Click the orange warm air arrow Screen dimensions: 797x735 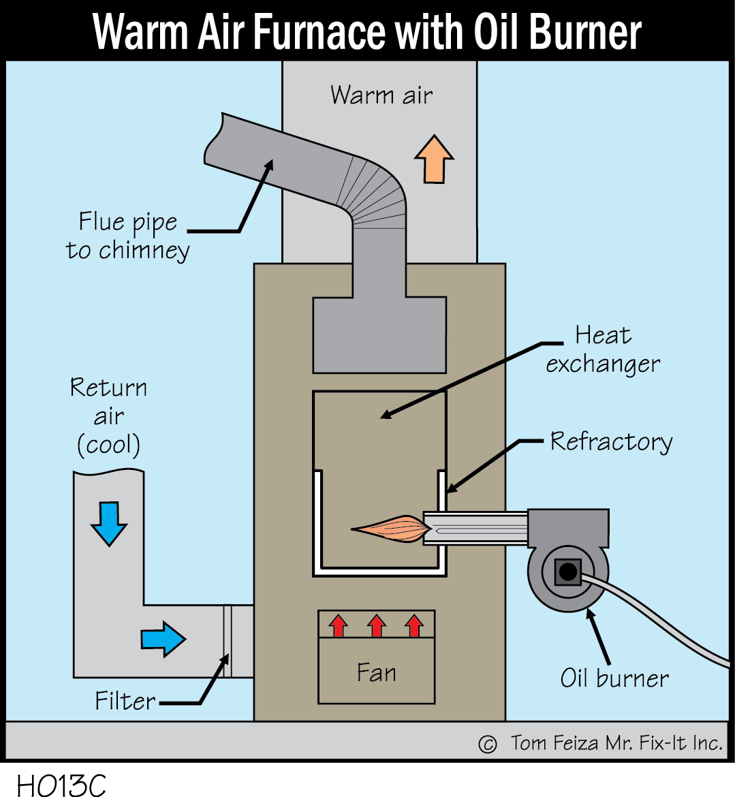434,159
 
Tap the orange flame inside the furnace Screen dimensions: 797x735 391,528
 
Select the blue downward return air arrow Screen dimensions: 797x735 109,523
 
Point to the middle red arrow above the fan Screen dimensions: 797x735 377,625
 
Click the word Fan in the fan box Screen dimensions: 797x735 376,673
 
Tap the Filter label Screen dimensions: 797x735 125,700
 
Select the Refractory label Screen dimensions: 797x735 611,441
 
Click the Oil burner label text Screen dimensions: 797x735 614,678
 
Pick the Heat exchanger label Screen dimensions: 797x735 603,349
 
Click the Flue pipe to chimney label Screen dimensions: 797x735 128,236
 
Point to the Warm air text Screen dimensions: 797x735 381,95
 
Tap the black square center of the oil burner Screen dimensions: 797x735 567,572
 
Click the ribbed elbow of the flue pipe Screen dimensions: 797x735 375,191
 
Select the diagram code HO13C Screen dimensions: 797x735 61,785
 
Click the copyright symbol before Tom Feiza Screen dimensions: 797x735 487,744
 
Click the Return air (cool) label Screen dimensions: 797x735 108,416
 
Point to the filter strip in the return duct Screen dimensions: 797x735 228,641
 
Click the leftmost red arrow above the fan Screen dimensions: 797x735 339,625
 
